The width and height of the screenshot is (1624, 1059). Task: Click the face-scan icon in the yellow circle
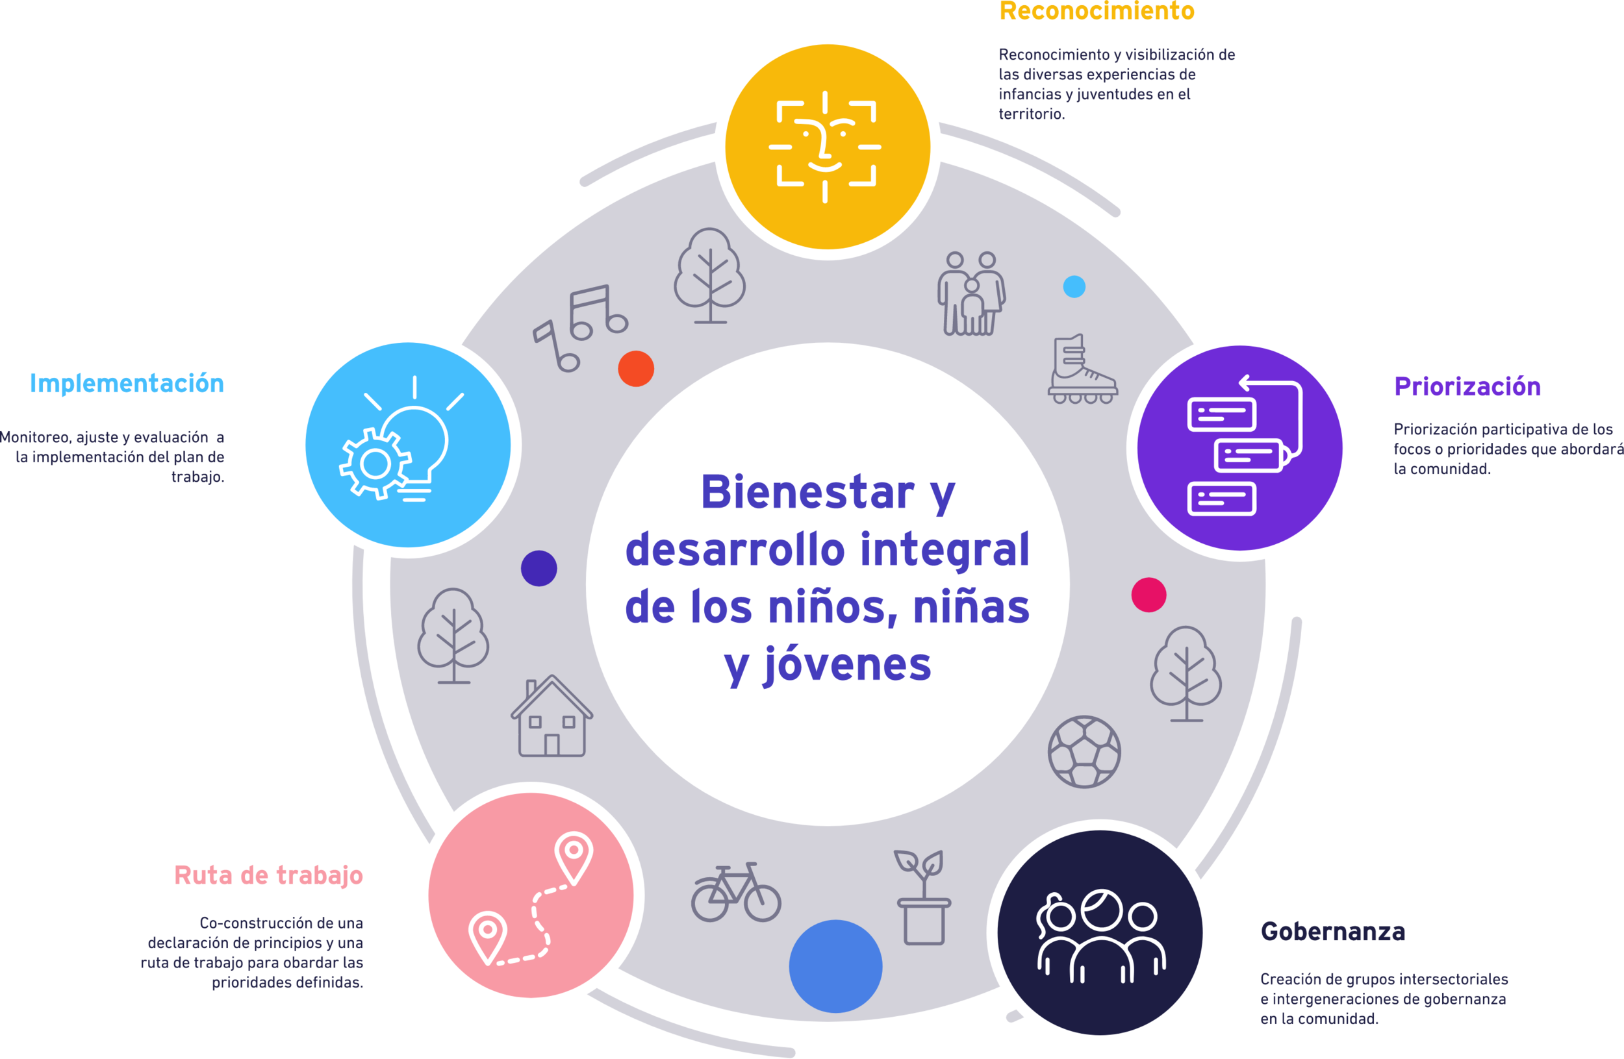point(826,147)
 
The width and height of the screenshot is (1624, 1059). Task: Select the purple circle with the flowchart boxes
point(1239,448)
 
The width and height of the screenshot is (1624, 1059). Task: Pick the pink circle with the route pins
point(531,895)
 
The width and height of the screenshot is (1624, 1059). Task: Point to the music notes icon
point(580,327)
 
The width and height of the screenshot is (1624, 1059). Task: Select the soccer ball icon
point(1084,751)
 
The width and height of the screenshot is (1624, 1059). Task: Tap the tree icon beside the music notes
point(709,275)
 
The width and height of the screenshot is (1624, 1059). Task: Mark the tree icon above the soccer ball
point(1186,674)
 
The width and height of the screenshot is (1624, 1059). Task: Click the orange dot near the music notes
point(636,369)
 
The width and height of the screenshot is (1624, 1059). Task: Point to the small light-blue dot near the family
point(1074,286)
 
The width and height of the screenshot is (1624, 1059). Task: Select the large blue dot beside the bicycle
point(835,966)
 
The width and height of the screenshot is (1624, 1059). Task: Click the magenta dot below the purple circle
point(1149,595)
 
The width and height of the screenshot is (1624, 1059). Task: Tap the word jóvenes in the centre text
point(848,665)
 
